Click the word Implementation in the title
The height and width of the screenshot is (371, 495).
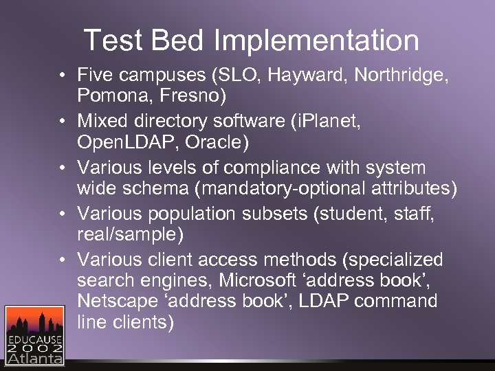click(x=316, y=41)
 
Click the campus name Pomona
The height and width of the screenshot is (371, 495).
click(x=114, y=95)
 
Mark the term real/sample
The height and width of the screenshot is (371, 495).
click(x=131, y=234)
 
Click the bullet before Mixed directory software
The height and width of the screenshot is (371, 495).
click(x=62, y=122)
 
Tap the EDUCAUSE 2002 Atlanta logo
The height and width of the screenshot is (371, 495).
click(x=35, y=335)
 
